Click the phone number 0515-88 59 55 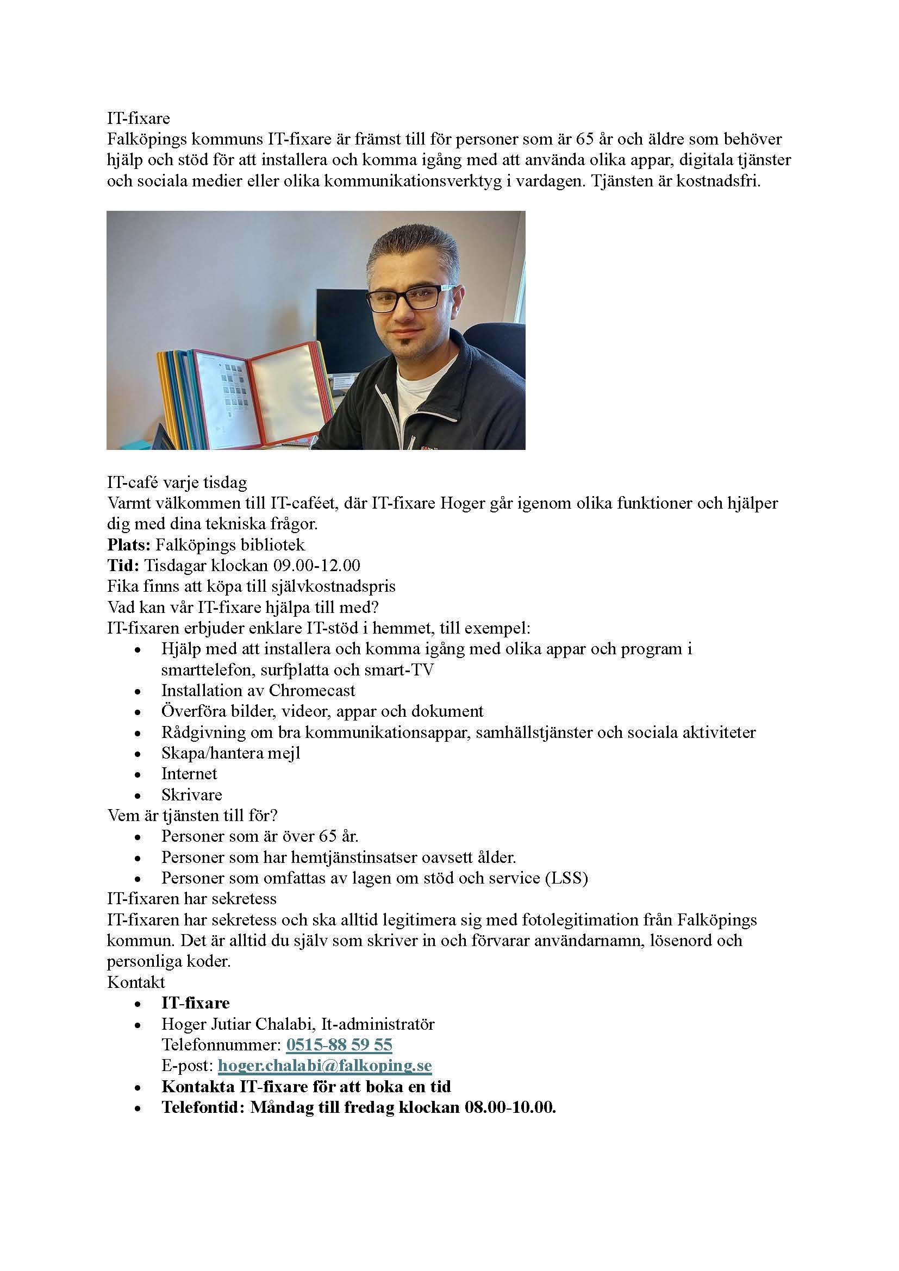click(x=339, y=1044)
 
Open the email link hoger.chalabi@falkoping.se click(x=324, y=1066)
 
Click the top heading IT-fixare click(x=139, y=118)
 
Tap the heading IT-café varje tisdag click(x=177, y=482)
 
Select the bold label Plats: click(x=128, y=544)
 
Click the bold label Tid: click(x=123, y=565)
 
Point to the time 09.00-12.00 click(x=317, y=565)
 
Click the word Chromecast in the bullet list click(x=311, y=690)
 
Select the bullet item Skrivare click(x=191, y=795)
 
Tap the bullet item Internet click(x=189, y=774)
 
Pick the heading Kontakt click(x=136, y=982)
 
